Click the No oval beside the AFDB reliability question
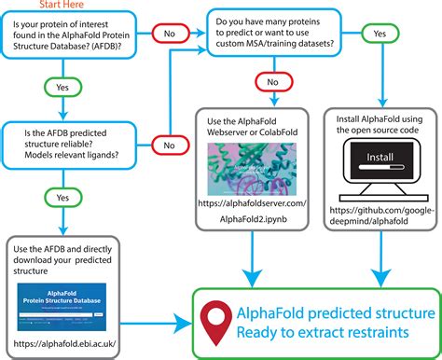[170, 145]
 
